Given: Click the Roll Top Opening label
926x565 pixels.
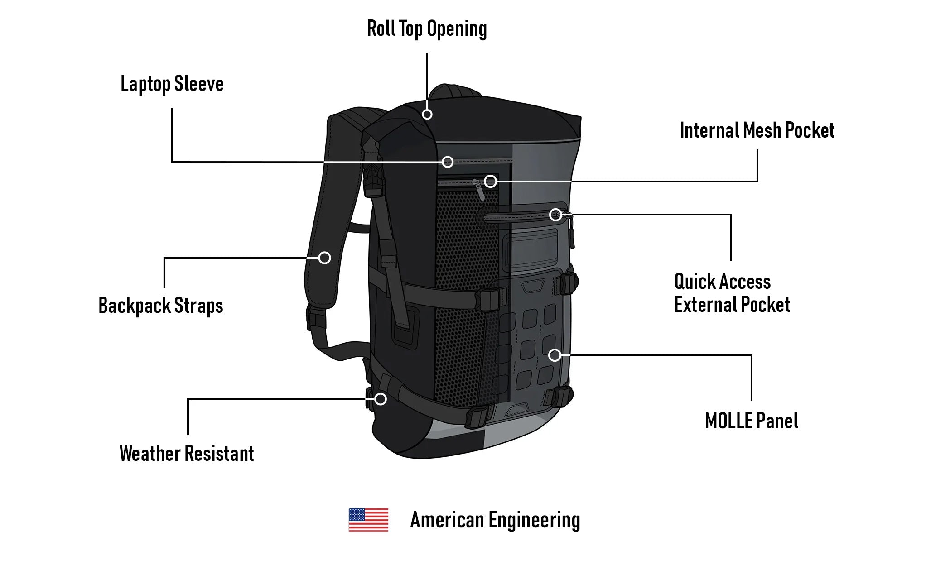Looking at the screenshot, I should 427,29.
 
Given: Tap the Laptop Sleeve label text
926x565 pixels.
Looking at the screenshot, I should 172,84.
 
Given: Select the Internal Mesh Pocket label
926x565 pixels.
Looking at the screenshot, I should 757,130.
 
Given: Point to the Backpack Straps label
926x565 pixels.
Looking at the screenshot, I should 161,306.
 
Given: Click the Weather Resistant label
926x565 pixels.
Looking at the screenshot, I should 187,454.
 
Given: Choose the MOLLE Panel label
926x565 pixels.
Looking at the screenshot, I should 752,421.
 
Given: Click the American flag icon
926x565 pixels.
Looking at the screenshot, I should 368,520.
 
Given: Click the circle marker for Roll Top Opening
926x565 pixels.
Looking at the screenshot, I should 427,114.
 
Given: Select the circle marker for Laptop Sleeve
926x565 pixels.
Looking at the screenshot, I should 448,162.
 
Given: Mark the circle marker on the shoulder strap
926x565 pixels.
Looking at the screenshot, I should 324,258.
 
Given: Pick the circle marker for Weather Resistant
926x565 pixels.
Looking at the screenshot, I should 381,399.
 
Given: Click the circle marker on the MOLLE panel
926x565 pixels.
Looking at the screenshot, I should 555,355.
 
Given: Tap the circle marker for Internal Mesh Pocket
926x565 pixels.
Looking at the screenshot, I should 490,182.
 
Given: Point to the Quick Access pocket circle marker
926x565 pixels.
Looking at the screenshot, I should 555,215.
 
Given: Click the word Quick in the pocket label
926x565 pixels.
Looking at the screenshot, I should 694,282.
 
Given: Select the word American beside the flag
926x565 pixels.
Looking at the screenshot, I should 447,520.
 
